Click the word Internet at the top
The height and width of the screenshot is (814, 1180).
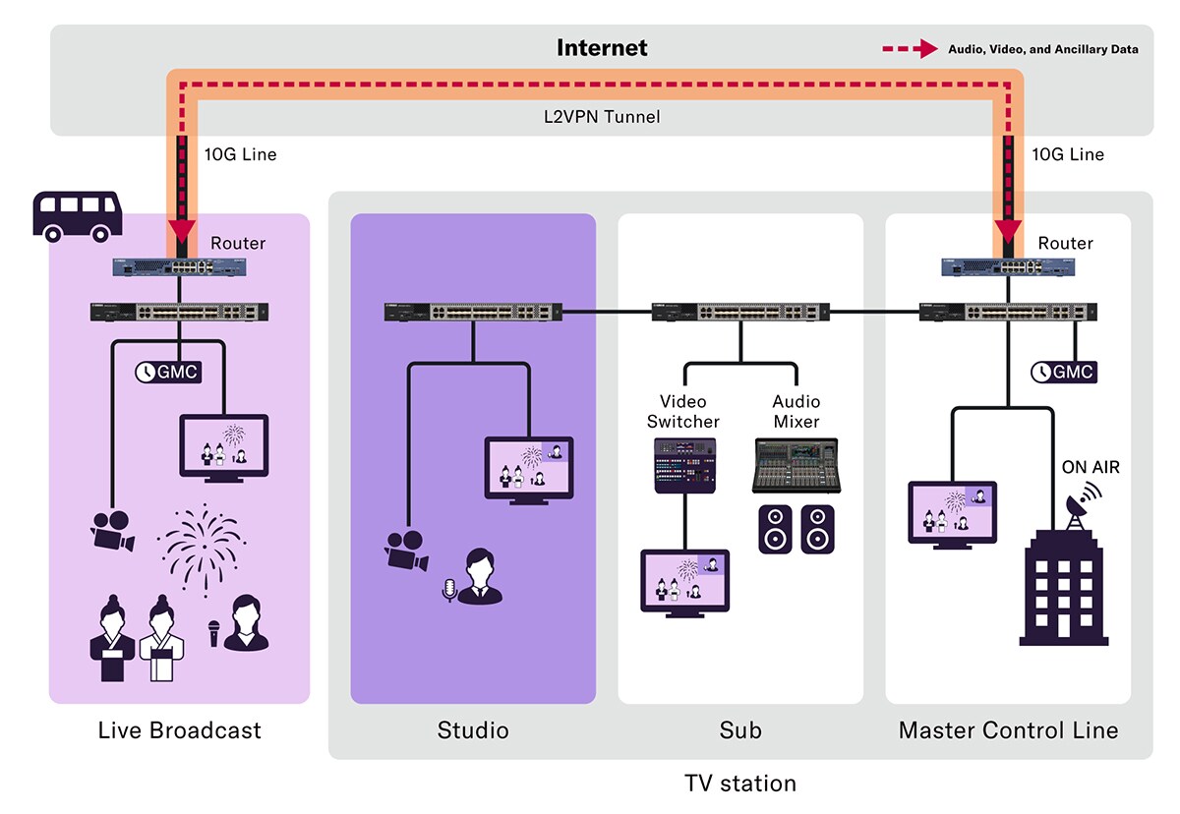click(602, 47)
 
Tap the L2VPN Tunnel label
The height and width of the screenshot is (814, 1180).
click(602, 116)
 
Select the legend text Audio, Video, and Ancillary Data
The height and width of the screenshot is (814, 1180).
click(1042, 49)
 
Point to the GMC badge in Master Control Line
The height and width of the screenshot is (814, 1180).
click(1062, 372)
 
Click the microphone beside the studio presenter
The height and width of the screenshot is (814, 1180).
click(450, 590)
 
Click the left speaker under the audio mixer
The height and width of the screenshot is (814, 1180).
click(775, 528)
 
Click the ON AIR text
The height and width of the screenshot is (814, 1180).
click(1091, 468)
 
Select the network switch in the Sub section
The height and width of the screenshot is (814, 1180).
click(740, 312)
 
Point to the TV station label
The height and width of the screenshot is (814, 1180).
click(739, 784)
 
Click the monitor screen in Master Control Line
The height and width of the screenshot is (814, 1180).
click(952, 509)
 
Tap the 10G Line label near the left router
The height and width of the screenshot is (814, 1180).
click(241, 154)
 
